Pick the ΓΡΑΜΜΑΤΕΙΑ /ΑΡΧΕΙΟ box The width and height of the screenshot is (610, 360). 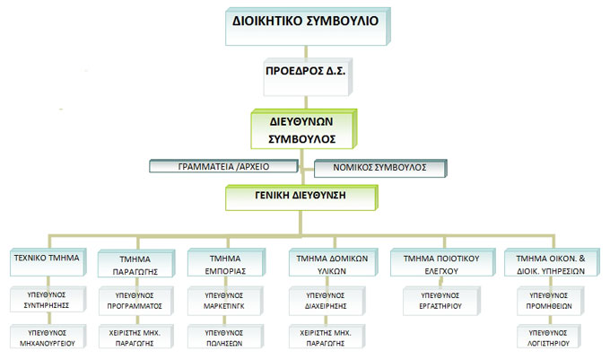225,166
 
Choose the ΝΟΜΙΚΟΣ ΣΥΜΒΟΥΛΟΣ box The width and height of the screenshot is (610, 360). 380,168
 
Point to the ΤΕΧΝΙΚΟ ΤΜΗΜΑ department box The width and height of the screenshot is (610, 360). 46,259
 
